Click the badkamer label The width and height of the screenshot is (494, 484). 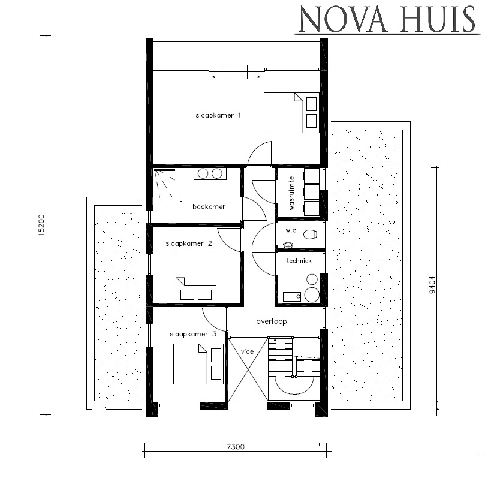(x=209, y=206)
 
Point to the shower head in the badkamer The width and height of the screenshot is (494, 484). (x=159, y=172)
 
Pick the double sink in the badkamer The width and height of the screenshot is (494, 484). (x=209, y=173)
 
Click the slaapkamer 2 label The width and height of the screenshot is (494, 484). (x=189, y=243)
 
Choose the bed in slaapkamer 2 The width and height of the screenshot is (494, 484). (x=195, y=276)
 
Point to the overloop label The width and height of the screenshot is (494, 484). (x=272, y=321)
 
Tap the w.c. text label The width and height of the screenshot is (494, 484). (x=292, y=230)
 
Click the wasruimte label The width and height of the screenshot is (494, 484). (x=292, y=193)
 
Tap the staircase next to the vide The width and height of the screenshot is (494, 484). (x=294, y=367)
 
